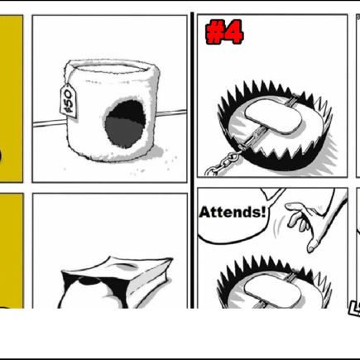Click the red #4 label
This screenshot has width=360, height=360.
(x=224, y=32)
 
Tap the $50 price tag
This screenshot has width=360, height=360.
(x=69, y=101)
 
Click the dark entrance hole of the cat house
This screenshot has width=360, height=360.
(x=126, y=124)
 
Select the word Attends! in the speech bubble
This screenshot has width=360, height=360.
(x=233, y=212)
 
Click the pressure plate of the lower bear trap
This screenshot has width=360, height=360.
(x=272, y=291)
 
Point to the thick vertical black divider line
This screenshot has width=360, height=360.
(x=192, y=160)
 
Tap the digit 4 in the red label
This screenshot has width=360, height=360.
(x=233, y=32)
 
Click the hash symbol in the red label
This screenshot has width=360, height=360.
(x=215, y=33)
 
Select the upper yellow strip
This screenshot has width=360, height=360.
(x=11, y=98)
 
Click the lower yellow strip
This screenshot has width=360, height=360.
(x=12, y=251)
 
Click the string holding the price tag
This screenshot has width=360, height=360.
(x=67, y=78)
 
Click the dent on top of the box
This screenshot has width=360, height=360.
(x=126, y=266)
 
